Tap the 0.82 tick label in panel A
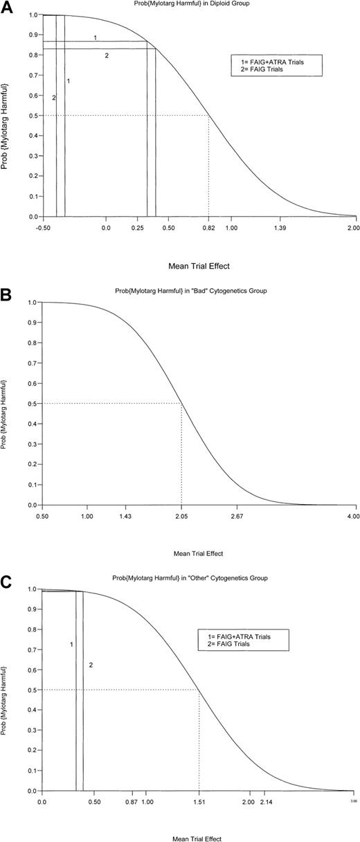pos(208,228)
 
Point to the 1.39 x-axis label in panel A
pos(281,228)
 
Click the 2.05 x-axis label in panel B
pos(181,517)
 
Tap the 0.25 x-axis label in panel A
pos(138,228)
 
